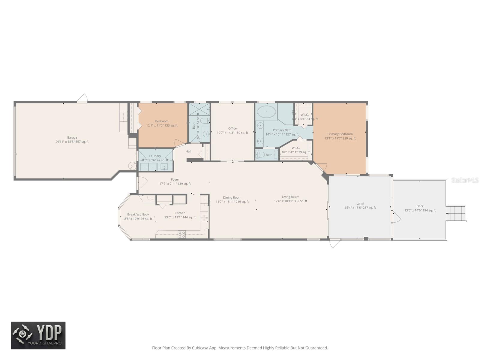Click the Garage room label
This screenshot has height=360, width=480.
[x=72, y=137]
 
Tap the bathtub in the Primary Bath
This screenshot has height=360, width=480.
[x=266, y=112]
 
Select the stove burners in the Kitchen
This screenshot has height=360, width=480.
[x=181, y=234]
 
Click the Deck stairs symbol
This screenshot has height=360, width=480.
[x=456, y=213]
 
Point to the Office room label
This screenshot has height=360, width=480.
[x=232, y=128]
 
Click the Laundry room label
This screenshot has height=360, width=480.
[x=155, y=156]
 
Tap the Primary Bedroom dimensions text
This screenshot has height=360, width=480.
[x=340, y=138]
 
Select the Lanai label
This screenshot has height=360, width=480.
[x=360, y=203]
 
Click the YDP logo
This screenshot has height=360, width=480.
[x=38, y=335]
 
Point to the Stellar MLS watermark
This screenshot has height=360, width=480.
[x=465, y=180]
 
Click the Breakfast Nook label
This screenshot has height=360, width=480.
[x=138, y=214]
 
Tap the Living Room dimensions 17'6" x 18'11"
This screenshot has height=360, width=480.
[x=290, y=201]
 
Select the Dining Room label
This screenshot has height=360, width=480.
[x=232, y=197]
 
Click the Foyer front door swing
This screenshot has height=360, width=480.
[x=142, y=181]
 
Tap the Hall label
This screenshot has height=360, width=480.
[x=188, y=151]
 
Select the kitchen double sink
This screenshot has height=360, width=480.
[x=204, y=218]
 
